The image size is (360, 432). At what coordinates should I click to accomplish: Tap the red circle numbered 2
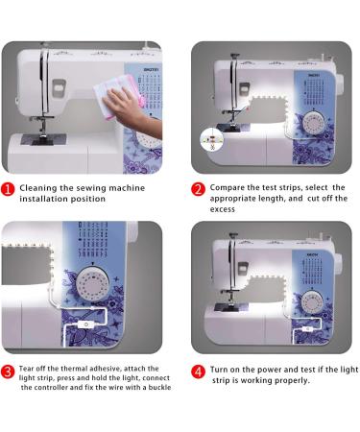[199, 188]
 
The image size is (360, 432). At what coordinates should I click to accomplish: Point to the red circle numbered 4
[199, 370]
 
